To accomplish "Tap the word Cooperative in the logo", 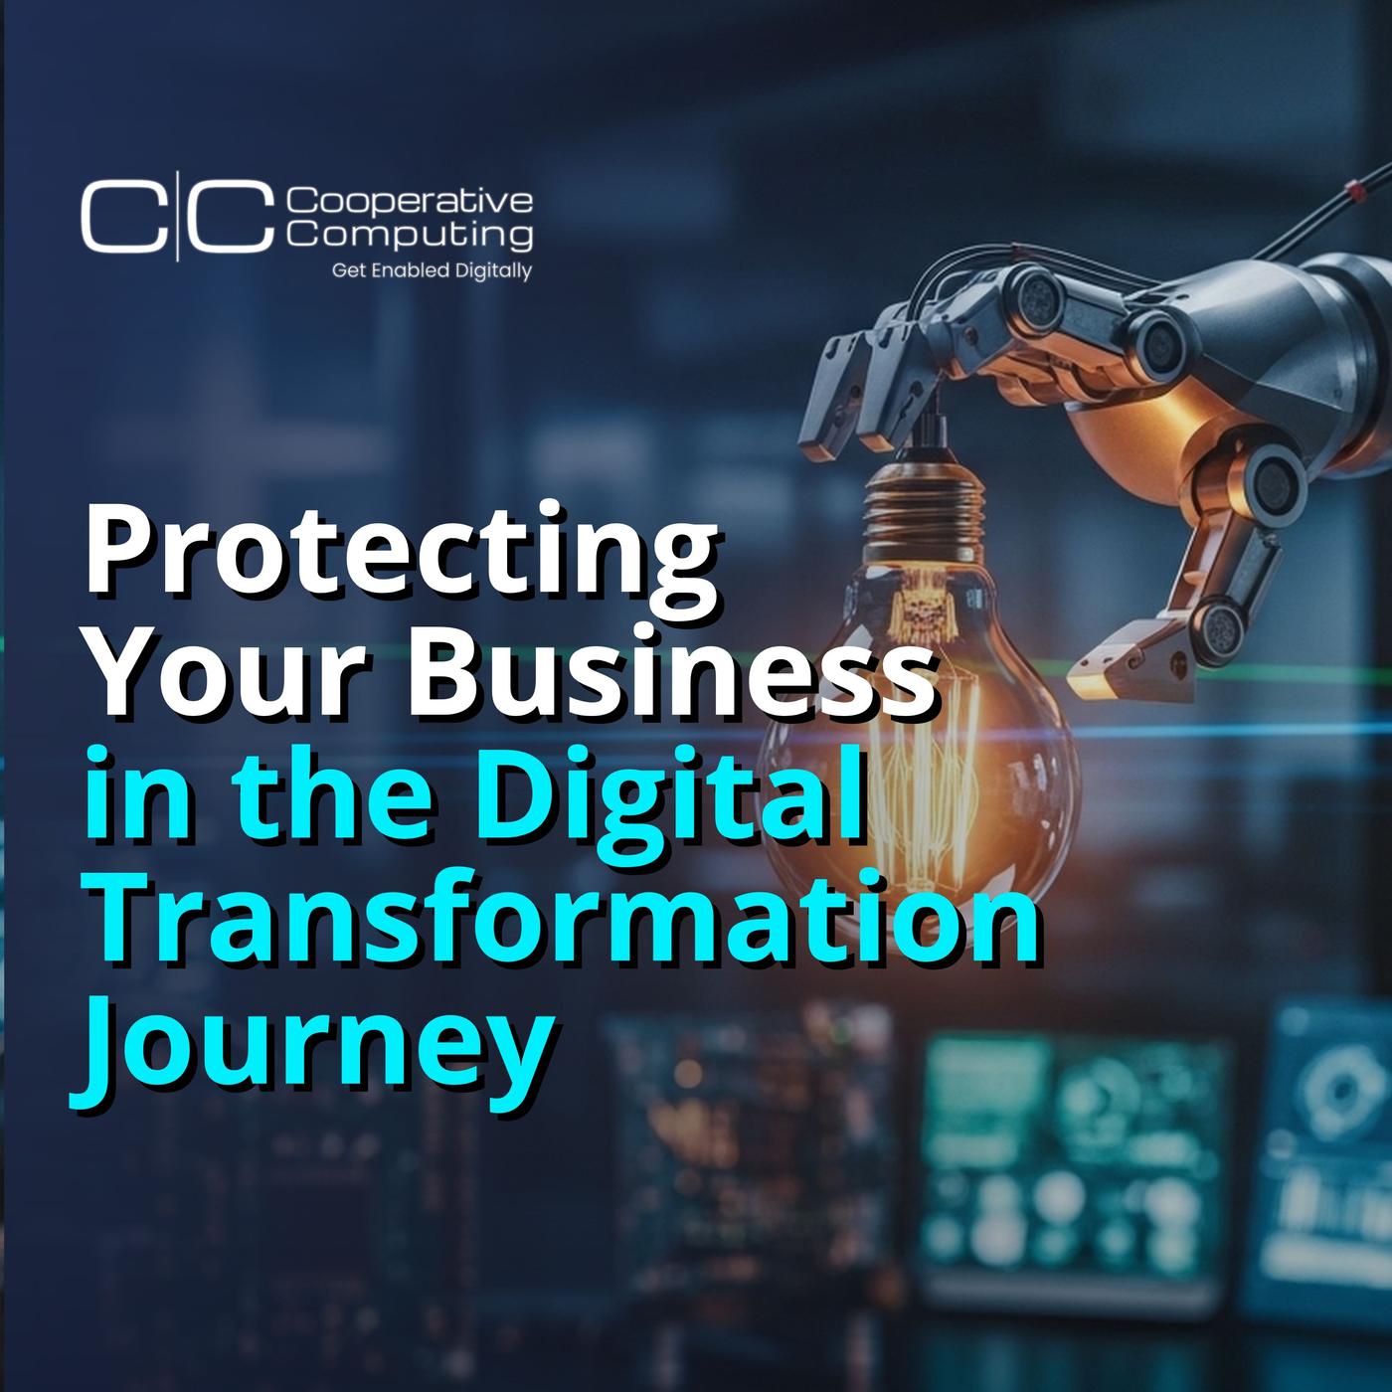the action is pyautogui.click(x=410, y=202).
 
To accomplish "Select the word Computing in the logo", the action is pyautogui.click(x=410, y=235).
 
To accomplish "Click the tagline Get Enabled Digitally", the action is pyautogui.click(x=432, y=271).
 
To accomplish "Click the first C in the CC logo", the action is pyautogui.click(x=123, y=217).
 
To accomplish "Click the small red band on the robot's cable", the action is pyautogui.click(x=1334, y=192).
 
